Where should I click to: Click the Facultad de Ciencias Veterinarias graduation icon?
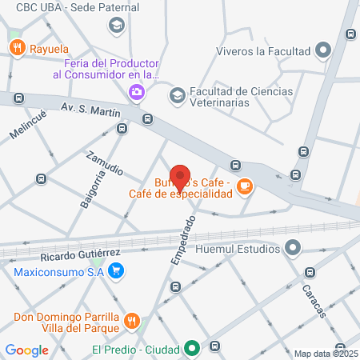(177, 95)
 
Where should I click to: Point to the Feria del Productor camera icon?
(137, 91)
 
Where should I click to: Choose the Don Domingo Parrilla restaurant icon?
(133, 322)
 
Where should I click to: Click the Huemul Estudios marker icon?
(294, 248)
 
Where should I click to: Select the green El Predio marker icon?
(192, 348)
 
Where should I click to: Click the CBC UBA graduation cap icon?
(117, 25)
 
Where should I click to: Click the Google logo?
(27, 350)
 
